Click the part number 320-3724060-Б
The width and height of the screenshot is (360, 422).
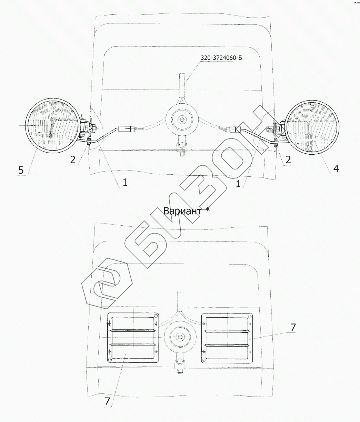[221, 58]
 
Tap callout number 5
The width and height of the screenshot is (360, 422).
[21, 170]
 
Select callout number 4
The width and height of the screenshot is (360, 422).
[336, 169]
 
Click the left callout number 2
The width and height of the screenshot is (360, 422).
[73, 159]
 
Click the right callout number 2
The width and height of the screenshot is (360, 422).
[288, 159]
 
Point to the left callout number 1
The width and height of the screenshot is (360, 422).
[125, 182]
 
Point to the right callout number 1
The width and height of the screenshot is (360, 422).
[238, 184]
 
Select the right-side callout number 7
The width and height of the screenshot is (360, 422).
[293, 327]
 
